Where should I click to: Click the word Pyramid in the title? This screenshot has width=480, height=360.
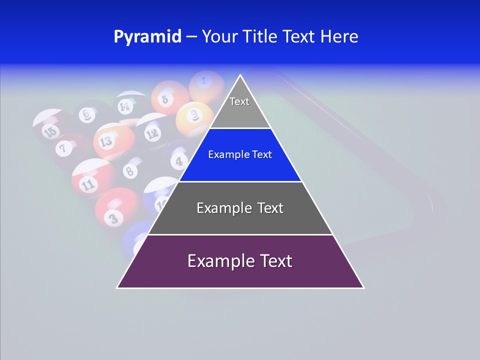pos(147,36)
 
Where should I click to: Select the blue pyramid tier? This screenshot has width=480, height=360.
pos(240,155)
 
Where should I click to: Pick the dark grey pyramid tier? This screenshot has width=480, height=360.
pos(240,208)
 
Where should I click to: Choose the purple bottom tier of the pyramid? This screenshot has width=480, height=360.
pos(240,261)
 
